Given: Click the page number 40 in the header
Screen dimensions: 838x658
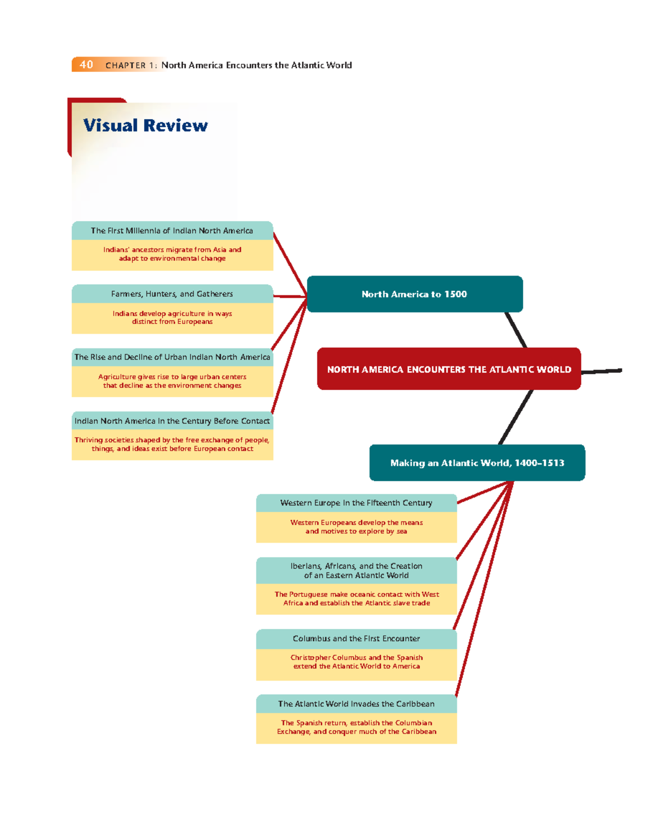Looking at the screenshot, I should (86, 65).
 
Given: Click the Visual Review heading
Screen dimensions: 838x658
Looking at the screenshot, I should (145, 126).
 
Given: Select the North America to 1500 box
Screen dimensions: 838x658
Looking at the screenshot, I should (415, 294).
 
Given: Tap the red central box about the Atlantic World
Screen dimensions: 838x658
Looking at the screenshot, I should (449, 369).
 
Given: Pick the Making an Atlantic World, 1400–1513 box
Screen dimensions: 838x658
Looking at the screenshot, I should (477, 463).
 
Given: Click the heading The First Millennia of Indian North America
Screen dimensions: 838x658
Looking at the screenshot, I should (172, 231).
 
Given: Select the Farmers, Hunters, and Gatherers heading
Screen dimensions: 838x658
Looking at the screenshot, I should (172, 294).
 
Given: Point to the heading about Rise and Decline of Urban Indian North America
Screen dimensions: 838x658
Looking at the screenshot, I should (172, 357).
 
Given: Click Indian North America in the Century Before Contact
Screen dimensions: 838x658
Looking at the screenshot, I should (172, 421).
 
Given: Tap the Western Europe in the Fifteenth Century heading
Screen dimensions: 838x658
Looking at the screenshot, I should (356, 503).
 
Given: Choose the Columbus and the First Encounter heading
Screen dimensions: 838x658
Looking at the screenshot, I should (356, 639).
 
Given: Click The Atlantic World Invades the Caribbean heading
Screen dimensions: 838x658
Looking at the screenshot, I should (356, 704).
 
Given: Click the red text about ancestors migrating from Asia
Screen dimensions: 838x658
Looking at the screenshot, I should (172, 254).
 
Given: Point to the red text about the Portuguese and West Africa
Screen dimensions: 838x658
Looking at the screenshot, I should (356, 599).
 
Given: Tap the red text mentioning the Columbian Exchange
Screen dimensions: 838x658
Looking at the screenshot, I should (356, 727).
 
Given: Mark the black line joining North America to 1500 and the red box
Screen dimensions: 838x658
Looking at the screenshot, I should (516, 330).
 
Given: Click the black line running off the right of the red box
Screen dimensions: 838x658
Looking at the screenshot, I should (602, 372).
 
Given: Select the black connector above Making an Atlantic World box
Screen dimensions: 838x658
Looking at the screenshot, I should (515, 417).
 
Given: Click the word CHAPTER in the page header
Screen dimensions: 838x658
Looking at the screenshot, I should (126, 65).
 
